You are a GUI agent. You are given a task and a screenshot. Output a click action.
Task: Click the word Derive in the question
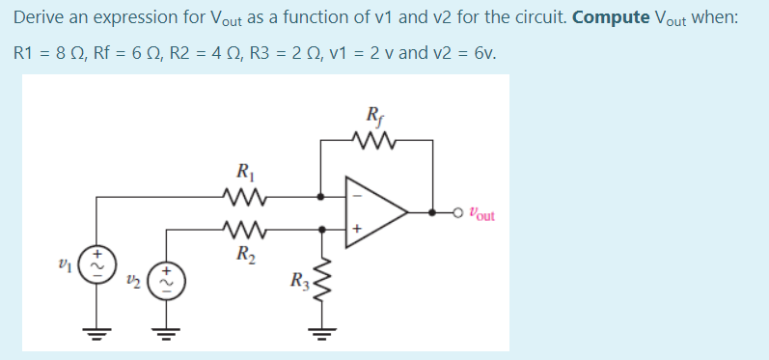point(38,18)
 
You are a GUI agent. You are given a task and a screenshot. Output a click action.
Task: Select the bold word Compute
point(610,18)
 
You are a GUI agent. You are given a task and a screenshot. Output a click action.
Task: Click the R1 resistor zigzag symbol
point(242,198)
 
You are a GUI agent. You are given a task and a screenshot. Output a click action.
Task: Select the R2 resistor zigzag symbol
point(242,230)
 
